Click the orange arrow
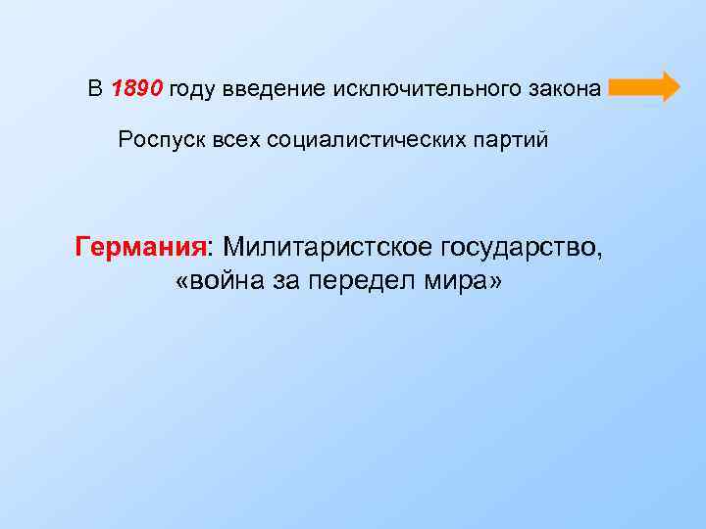(x=644, y=87)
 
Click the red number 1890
(x=137, y=89)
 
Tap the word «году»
(x=192, y=90)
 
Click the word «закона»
(x=561, y=89)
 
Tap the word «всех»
(x=227, y=140)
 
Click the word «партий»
(x=511, y=140)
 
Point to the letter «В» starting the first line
(x=94, y=89)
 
